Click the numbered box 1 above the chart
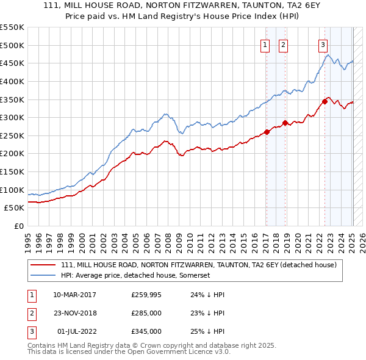(x=266, y=44)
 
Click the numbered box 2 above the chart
(x=284, y=44)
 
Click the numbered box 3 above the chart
(x=322, y=44)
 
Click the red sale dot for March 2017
(x=267, y=132)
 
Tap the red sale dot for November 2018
(x=285, y=123)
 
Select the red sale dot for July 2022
(x=325, y=101)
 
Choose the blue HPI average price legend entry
(x=135, y=276)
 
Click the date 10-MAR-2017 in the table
(x=74, y=295)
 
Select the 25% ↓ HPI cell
(x=208, y=331)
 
